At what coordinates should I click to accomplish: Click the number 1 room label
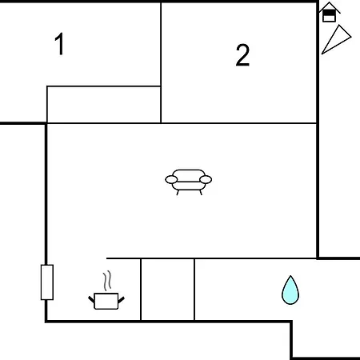[x=59, y=44]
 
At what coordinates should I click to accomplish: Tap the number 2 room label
[x=242, y=55]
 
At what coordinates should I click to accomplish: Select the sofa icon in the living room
[x=189, y=182]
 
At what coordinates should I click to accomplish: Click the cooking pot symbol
[x=106, y=301]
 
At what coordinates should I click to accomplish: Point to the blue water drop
[x=290, y=290]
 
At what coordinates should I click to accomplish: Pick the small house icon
[x=330, y=12]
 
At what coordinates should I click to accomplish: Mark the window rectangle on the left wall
[x=47, y=282]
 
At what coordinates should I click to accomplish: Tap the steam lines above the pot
[x=107, y=281]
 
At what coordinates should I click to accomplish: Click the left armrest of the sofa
[x=171, y=180]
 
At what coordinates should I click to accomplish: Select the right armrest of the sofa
[x=206, y=180]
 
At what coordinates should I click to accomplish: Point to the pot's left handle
[x=91, y=299]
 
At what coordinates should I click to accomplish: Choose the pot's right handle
[x=121, y=300]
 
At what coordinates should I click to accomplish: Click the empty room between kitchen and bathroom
[x=167, y=290]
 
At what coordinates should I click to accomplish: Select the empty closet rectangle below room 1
[x=104, y=105]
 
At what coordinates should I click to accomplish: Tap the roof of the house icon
[x=330, y=6]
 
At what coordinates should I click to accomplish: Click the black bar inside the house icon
[x=330, y=13]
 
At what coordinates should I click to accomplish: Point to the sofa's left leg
[x=178, y=193]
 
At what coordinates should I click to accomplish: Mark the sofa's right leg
[x=201, y=193]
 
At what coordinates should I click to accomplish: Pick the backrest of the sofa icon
[x=189, y=173]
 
